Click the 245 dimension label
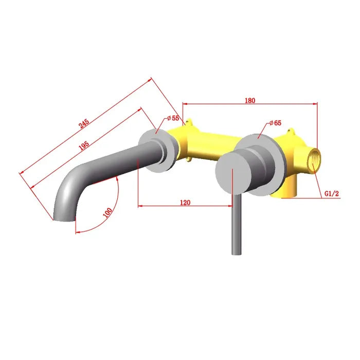coord(84,124)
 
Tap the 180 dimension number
coord(250,101)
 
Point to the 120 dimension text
coord(185,202)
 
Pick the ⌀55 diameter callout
coord(173,118)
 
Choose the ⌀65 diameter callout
coord(275,123)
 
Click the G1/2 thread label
coord(331,193)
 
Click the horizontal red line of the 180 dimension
coord(250,105)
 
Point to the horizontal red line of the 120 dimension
coord(185,206)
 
